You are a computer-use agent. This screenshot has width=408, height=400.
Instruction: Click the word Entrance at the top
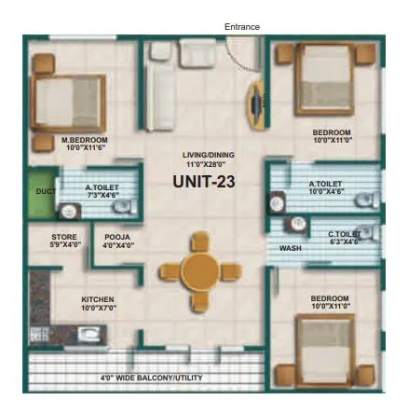click(242, 27)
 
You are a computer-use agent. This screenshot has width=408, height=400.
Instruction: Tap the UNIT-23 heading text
click(203, 183)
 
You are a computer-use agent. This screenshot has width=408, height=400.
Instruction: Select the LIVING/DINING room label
click(208, 155)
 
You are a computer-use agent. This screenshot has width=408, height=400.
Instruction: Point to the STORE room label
click(63, 238)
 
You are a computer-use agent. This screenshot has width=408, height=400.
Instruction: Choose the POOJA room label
click(117, 238)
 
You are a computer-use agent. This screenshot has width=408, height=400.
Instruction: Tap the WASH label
click(290, 248)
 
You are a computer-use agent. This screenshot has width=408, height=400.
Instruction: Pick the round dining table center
click(199, 271)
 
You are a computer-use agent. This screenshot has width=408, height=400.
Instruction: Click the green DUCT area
click(41, 192)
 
